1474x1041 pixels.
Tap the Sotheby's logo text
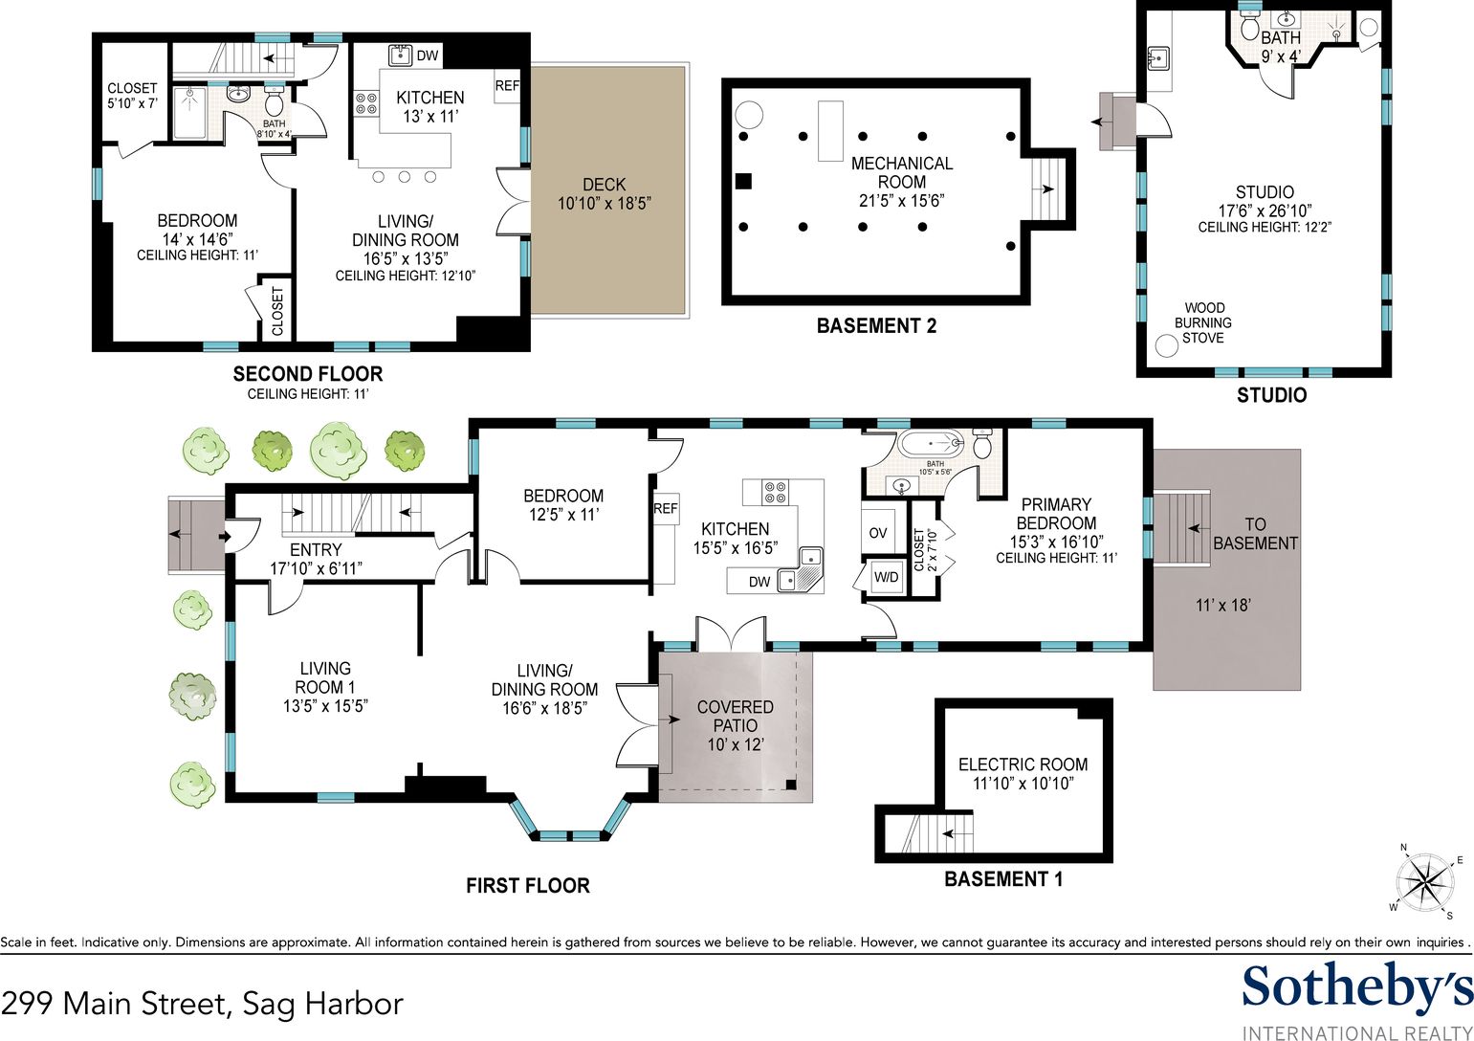[x=1357, y=989]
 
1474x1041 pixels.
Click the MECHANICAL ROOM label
[x=901, y=172]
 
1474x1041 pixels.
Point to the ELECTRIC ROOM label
[x=1023, y=764]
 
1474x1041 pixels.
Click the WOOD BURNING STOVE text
[x=1203, y=323]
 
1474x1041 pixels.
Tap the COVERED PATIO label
[x=735, y=716]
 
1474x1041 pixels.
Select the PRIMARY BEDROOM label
[x=1056, y=514]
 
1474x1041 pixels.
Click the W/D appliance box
[x=886, y=577]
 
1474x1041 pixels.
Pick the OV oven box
[x=878, y=532]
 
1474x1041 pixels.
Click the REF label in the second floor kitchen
[x=507, y=86]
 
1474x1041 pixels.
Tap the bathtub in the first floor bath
[x=931, y=444]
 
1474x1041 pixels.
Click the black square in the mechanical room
[x=743, y=181]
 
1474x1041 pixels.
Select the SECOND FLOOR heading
[x=308, y=374]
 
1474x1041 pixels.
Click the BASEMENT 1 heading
[x=1003, y=879]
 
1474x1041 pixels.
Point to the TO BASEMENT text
[x=1255, y=534]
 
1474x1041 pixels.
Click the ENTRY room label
[x=316, y=550]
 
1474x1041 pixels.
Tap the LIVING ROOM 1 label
[x=325, y=677]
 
